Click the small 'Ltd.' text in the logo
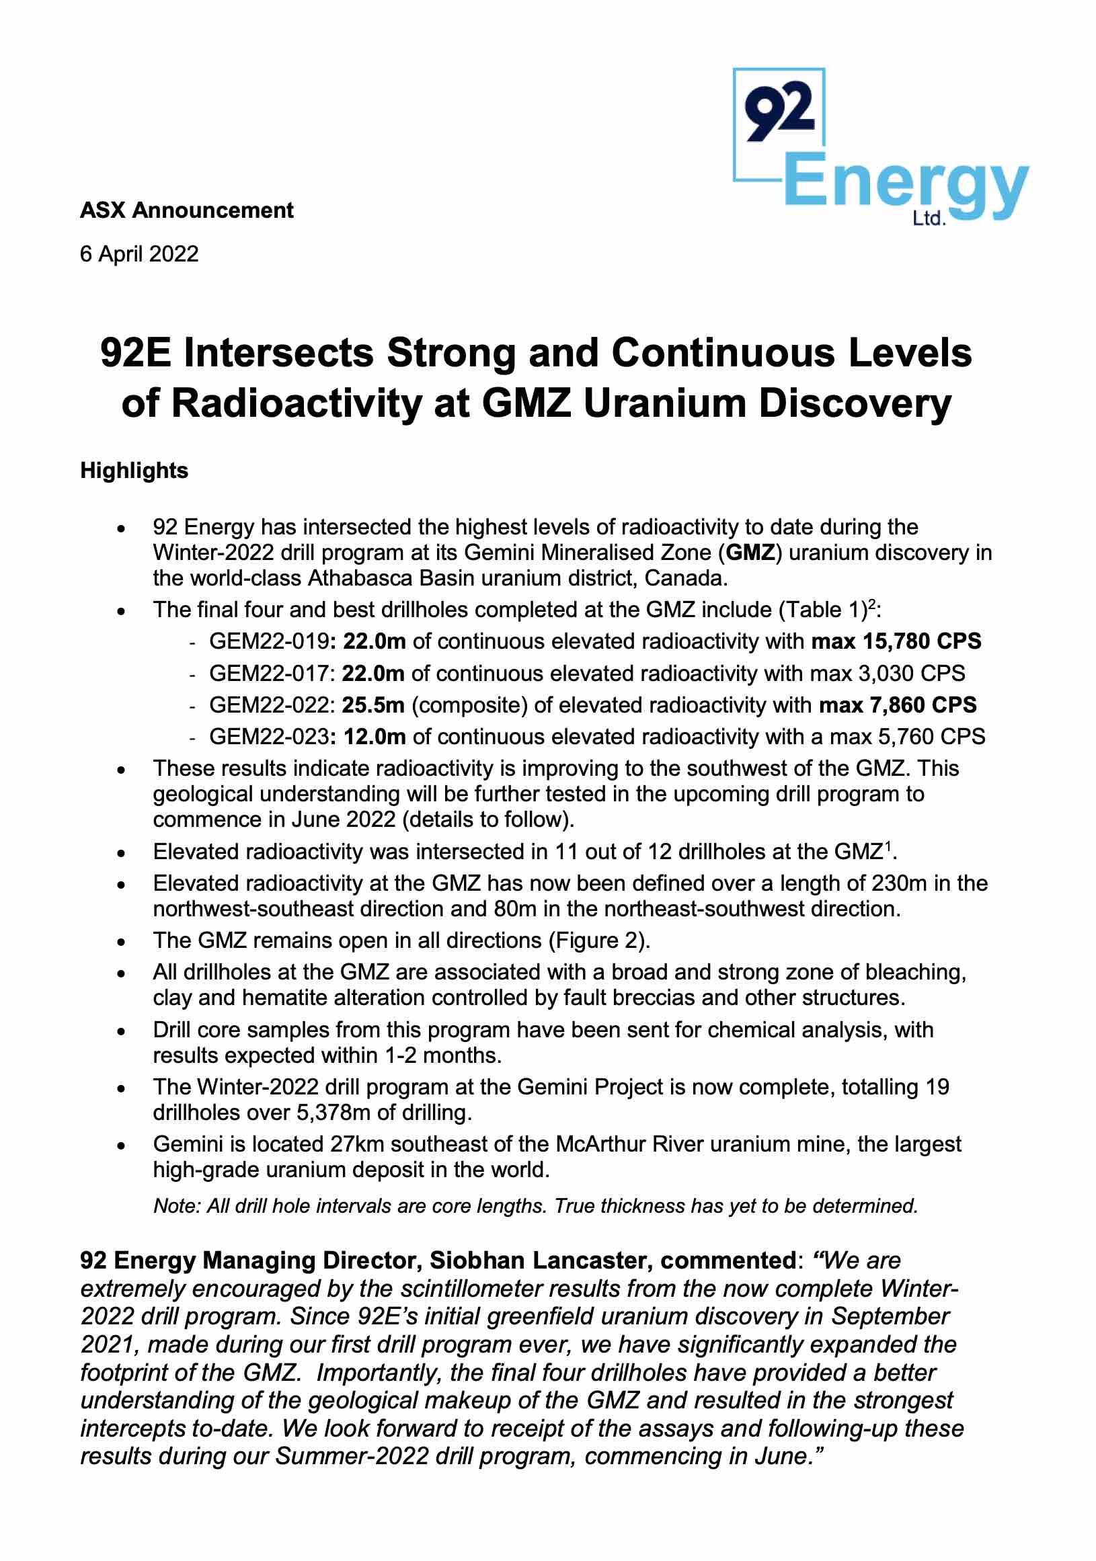929,218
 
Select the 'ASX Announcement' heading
186,210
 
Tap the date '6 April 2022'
139,253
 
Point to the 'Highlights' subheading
134,471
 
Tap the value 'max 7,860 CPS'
898,705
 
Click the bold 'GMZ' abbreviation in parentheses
750,552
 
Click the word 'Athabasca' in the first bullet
360,578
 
